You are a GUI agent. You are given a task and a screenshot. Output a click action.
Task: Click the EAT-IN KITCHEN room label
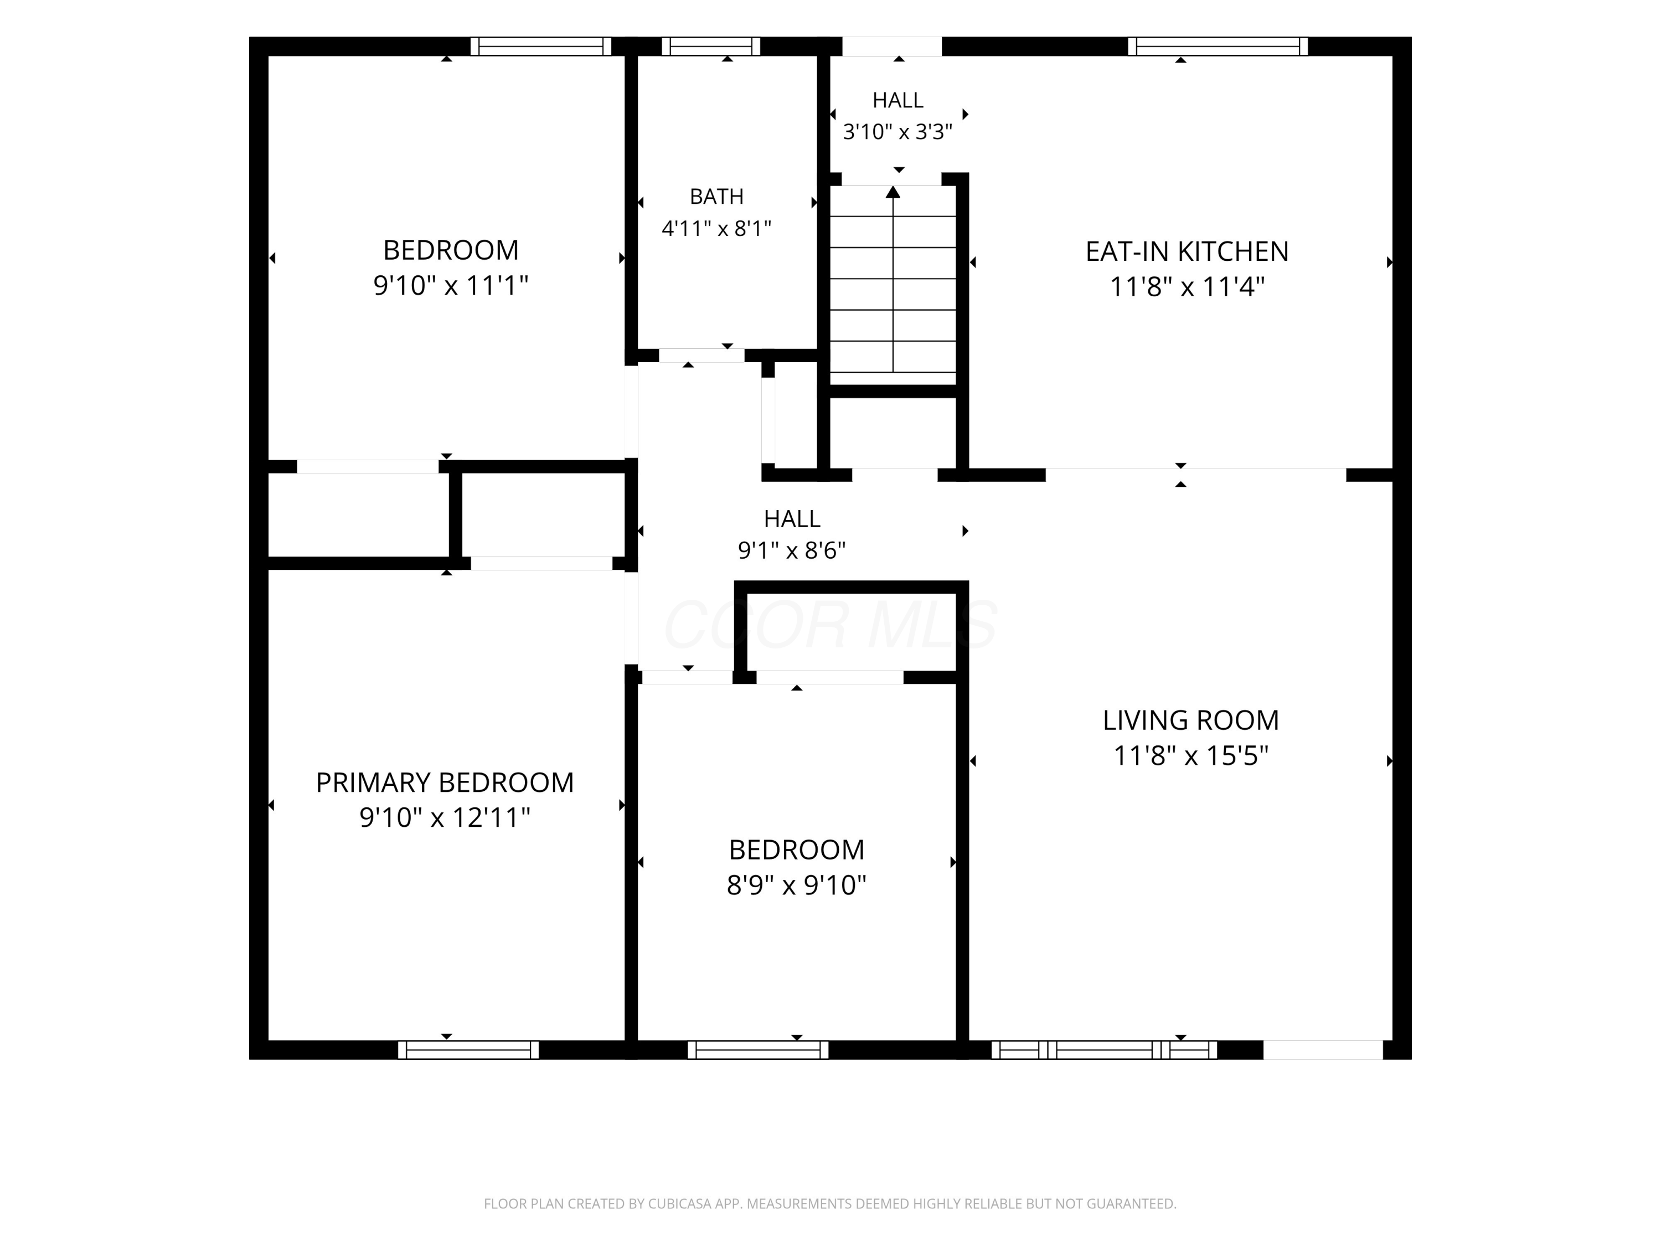pyautogui.click(x=1187, y=251)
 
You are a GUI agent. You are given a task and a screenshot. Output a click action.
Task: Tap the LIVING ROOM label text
pyautogui.click(x=1191, y=720)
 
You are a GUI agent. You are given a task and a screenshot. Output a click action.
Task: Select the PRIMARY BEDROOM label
pyautogui.click(x=445, y=782)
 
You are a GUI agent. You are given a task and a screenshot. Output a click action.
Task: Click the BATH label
pyautogui.click(x=716, y=197)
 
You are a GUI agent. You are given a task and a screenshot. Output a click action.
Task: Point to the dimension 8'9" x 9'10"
pyautogui.click(x=797, y=885)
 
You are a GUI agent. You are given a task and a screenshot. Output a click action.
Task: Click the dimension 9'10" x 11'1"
pyautogui.click(x=451, y=285)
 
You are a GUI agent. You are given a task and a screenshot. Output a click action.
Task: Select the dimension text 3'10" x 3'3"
pyautogui.click(x=897, y=132)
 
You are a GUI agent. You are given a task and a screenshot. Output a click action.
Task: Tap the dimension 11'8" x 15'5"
pyautogui.click(x=1191, y=755)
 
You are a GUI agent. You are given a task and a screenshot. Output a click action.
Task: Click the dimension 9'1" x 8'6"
pyautogui.click(x=791, y=550)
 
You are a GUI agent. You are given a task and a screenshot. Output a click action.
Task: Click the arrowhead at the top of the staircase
pyautogui.click(x=893, y=192)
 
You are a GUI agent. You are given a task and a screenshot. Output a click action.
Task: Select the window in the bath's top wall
pyautogui.click(x=711, y=47)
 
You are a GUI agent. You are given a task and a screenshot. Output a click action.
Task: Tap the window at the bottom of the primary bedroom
pyautogui.click(x=468, y=1050)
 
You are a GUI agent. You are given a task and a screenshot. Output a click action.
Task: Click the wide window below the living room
pyautogui.click(x=1105, y=1050)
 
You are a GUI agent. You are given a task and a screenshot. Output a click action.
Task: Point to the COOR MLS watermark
pyautogui.click(x=830, y=624)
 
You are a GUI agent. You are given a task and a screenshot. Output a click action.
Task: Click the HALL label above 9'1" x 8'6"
pyautogui.click(x=791, y=519)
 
